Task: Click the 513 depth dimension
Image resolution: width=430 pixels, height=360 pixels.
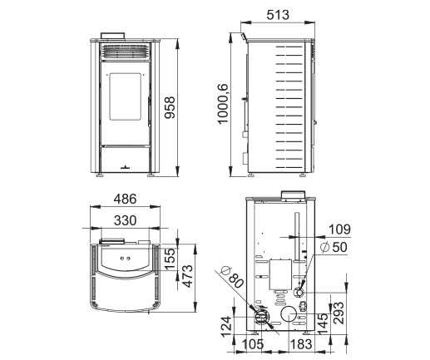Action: click(x=278, y=15)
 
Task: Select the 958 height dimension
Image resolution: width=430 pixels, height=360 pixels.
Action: click(x=170, y=108)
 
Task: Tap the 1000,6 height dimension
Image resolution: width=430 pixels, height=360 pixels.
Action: click(x=223, y=104)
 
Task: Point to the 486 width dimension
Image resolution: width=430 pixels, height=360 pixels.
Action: click(x=125, y=199)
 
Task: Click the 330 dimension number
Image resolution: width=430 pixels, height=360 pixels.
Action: click(x=125, y=220)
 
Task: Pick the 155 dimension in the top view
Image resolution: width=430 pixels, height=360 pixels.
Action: click(x=170, y=259)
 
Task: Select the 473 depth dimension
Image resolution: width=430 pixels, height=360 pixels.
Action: click(x=187, y=276)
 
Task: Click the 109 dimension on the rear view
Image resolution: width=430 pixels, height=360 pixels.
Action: click(x=339, y=229)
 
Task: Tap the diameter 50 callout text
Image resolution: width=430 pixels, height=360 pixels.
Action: click(x=334, y=247)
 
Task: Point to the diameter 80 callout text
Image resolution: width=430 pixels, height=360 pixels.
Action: click(x=232, y=277)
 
